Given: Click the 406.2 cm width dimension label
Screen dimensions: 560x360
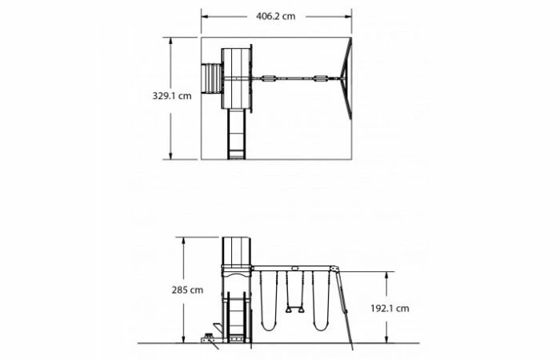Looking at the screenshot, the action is pos(275,17).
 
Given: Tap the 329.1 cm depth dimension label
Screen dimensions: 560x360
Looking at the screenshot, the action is pos(172,96).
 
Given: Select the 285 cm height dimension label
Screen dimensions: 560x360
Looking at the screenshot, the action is pos(187,290).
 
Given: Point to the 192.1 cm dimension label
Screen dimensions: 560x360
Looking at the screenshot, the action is pos(390,308).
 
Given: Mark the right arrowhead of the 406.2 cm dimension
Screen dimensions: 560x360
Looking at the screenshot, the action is pos(348,17).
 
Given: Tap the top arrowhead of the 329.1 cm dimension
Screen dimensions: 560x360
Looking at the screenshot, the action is pos(170,41).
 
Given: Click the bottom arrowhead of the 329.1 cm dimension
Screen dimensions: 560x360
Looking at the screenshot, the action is pos(170,156).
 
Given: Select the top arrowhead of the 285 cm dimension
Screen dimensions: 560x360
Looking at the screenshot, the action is pos(183,241).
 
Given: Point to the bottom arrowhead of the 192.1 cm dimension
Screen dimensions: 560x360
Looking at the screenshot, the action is pos(386,340).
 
